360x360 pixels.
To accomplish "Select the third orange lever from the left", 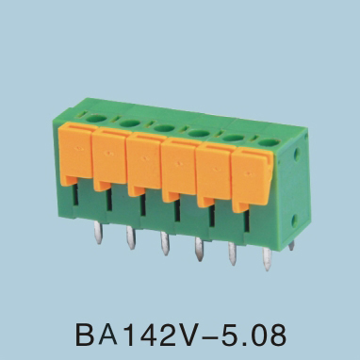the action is click(x=146, y=164).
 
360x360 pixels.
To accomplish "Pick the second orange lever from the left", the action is click(x=111, y=158).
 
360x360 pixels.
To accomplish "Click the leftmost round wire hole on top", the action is click(x=97, y=119).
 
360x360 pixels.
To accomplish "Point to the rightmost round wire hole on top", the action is click(x=269, y=142).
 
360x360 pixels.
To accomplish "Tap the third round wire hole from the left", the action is click(x=165, y=128).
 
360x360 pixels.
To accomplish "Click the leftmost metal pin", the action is click(x=98, y=233).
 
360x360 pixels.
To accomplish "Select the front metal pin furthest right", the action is click(x=267, y=259).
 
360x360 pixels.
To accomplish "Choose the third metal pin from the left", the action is click(x=165, y=243).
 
